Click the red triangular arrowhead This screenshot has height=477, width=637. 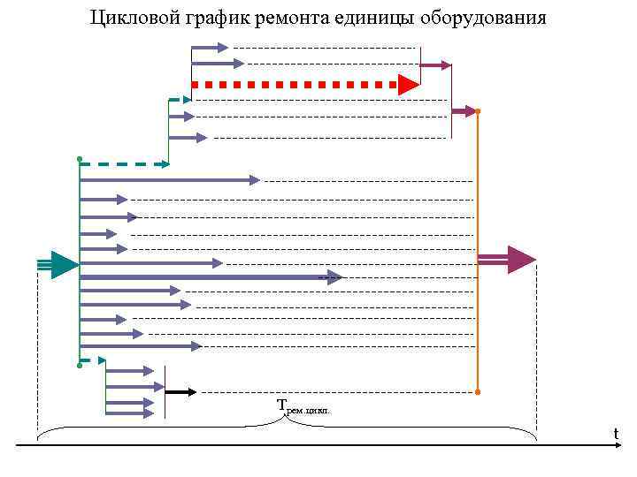[x=408, y=85]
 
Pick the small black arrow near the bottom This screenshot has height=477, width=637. [x=180, y=391]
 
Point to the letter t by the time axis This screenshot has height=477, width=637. [x=616, y=434]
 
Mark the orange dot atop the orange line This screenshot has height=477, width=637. [x=478, y=111]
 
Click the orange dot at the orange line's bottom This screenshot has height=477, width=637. [x=478, y=391]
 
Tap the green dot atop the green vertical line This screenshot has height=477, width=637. [x=80, y=159]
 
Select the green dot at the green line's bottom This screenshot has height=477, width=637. [x=80, y=364]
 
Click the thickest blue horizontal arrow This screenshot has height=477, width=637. [x=203, y=277]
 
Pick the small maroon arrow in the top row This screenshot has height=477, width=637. [x=435, y=65]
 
